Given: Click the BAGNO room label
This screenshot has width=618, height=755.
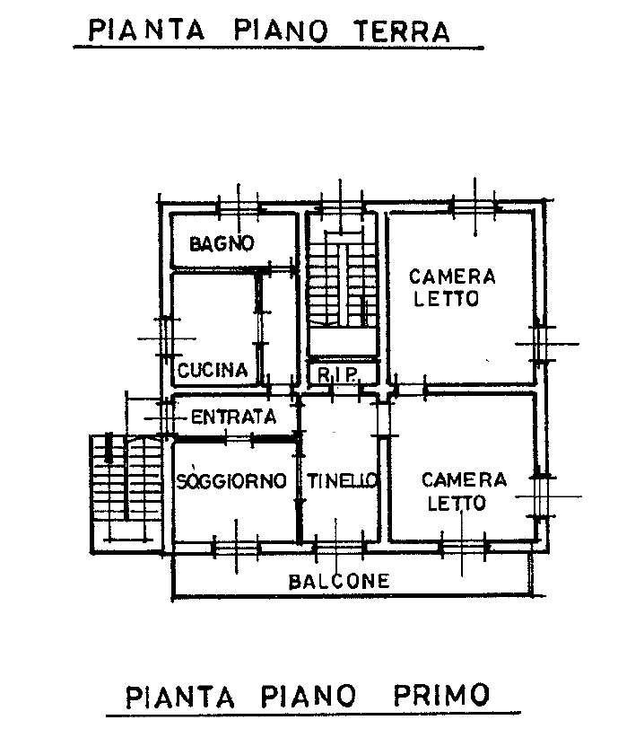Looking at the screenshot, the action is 222,243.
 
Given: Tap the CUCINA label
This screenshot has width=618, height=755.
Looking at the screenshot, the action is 213,370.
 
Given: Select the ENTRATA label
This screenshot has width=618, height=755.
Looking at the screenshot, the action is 234,417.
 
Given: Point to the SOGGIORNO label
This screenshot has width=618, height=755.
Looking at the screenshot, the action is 231,480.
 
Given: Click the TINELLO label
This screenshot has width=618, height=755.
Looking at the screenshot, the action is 342,480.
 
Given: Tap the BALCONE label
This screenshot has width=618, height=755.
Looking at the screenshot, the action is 338,581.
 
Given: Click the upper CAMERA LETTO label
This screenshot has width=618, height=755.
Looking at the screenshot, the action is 452,287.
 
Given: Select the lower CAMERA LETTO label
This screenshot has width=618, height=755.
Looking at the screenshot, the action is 464,491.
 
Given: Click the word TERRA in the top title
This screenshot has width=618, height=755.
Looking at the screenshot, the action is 402,31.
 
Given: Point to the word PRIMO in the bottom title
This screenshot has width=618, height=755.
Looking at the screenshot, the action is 441,695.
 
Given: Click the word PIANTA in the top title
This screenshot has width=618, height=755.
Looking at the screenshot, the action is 147,30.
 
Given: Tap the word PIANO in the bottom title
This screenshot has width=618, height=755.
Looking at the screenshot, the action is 309,696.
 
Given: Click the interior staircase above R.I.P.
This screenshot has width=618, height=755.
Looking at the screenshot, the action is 342,284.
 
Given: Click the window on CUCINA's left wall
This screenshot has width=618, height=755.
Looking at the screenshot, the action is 165,338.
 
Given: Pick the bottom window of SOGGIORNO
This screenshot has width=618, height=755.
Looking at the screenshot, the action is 236,549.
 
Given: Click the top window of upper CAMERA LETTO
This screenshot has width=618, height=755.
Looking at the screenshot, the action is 474,206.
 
